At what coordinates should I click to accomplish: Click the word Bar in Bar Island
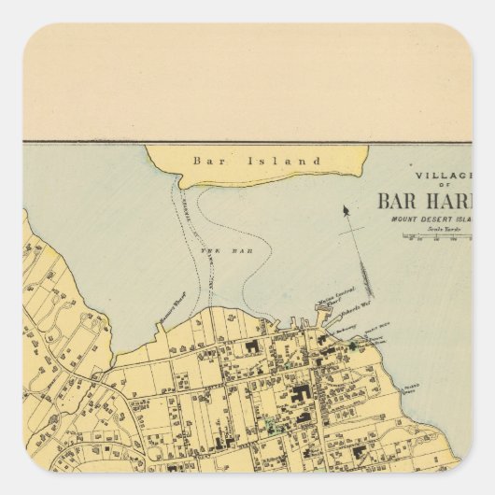pos(203,161)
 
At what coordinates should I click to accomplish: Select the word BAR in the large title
pos(401,201)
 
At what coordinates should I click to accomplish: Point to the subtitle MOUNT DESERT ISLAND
pos(438,220)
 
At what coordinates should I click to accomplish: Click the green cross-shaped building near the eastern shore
pos(353,346)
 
